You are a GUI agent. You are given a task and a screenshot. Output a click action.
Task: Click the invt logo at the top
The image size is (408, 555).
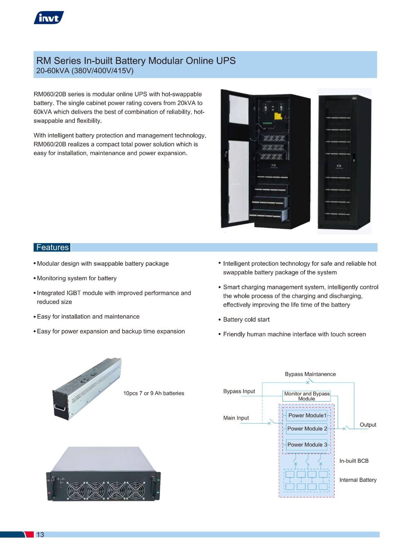click(49, 18)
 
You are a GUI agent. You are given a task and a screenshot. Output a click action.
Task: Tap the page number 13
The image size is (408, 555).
click(40, 535)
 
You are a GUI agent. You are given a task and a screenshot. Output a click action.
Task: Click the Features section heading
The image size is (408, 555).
click(52, 247)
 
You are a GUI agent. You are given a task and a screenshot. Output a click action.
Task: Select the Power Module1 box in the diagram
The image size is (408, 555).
click(307, 416)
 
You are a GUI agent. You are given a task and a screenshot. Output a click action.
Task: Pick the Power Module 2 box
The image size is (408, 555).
click(307, 429)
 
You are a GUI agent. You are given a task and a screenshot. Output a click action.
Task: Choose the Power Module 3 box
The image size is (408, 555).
click(307, 445)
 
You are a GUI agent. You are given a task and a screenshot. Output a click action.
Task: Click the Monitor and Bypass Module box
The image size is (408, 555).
click(307, 396)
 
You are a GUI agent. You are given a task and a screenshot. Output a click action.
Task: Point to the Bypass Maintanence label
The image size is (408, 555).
click(310, 374)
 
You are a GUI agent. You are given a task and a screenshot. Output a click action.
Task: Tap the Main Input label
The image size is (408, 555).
click(236, 418)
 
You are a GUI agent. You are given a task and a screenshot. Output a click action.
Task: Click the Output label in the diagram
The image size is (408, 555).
click(368, 425)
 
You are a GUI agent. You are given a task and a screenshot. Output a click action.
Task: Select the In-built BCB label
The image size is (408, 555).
click(354, 461)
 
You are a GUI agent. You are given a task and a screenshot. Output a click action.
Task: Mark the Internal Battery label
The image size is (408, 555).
click(358, 480)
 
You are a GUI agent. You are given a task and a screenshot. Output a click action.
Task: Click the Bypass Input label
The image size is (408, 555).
click(239, 391)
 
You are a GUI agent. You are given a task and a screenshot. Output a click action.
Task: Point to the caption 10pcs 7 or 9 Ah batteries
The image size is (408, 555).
click(154, 393)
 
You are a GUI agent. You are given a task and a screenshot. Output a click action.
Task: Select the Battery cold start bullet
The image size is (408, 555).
click(244, 319)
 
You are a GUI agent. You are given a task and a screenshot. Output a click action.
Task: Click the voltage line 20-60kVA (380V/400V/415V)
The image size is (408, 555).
click(85, 71)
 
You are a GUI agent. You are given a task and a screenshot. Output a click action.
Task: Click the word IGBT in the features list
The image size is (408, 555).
click(74, 293)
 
